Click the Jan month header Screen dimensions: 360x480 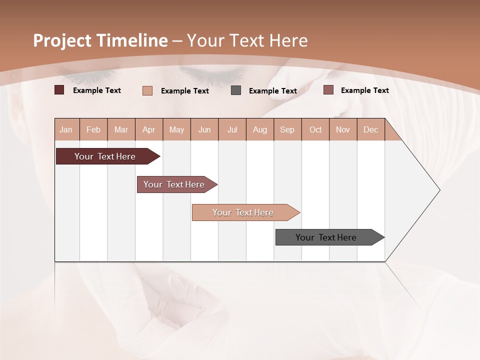[66, 129]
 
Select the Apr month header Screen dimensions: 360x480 [148, 129]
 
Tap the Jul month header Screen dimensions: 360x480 [232, 129]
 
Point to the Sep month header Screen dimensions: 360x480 [287, 129]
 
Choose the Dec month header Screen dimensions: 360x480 [370, 129]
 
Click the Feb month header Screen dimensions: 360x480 [93, 129]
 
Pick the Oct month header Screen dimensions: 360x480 [315, 129]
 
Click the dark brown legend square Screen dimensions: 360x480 [59, 90]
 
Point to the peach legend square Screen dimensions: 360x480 [147, 90]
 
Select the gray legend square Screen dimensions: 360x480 [236, 90]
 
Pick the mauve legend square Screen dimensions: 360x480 [328, 90]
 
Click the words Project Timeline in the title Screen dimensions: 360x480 [100, 40]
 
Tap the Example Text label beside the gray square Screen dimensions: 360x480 [273, 91]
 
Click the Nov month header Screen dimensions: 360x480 [343, 129]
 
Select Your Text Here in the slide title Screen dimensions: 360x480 [247, 40]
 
